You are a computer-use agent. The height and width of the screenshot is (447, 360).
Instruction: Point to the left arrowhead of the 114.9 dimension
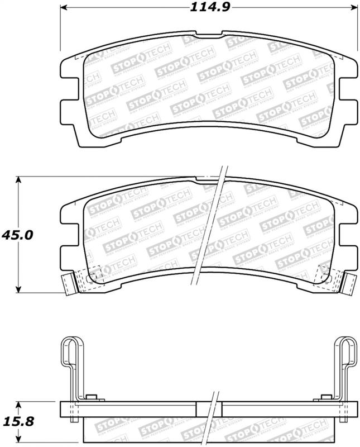64,7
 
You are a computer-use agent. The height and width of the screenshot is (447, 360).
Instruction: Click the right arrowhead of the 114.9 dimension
352,7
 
